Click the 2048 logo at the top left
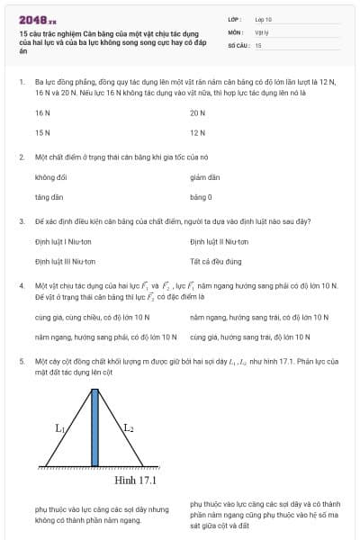37,19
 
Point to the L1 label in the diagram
60,428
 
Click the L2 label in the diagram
129,428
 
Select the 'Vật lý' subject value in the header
262,31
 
